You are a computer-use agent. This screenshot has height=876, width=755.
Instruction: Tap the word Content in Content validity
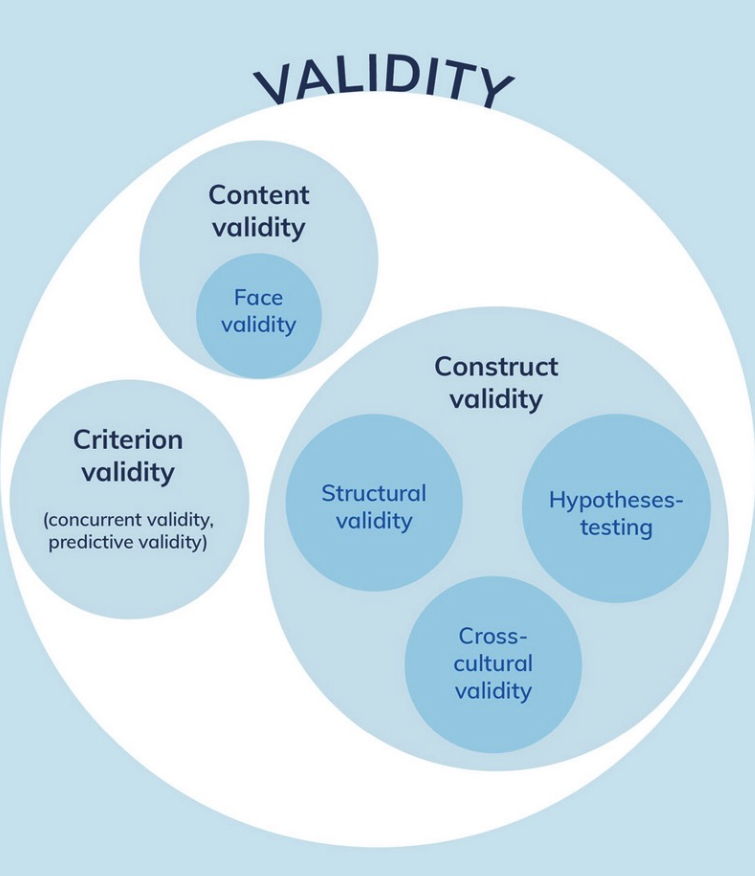[259, 195]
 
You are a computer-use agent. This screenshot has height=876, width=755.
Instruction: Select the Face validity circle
[259, 316]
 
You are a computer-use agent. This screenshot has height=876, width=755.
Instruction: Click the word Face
[258, 297]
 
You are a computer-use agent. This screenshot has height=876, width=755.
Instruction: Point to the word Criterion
[128, 440]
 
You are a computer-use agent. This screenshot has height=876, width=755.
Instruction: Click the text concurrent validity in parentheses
[128, 520]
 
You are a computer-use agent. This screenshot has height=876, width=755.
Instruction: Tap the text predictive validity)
[128, 542]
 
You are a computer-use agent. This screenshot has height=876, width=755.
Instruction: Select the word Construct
[496, 366]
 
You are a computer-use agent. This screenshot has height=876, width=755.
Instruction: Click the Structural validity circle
[374, 502]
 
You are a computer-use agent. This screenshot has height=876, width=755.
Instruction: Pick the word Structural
[374, 493]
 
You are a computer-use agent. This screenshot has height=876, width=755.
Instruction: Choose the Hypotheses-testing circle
[616, 508]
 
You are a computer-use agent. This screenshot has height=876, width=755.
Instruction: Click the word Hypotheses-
[616, 501]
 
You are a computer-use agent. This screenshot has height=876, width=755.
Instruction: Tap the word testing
[616, 527]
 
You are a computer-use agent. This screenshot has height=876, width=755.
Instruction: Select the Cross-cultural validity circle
[493, 665]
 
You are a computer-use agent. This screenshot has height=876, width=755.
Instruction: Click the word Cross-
[493, 636]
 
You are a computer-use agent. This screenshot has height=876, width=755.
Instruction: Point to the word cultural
[493, 664]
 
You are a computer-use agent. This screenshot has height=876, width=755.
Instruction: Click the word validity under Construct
[496, 400]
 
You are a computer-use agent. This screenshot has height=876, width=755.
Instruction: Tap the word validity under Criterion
[128, 473]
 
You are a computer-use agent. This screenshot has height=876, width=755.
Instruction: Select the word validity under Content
[259, 228]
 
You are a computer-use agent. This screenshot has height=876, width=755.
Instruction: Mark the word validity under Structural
[374, 522]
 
